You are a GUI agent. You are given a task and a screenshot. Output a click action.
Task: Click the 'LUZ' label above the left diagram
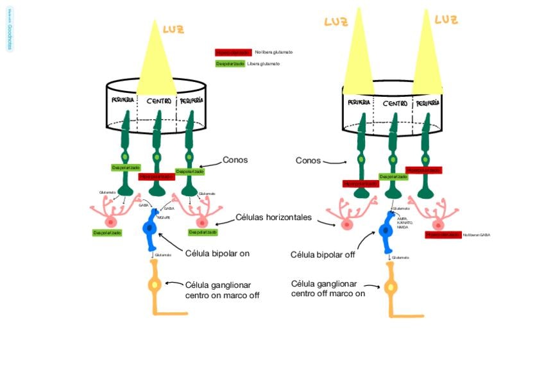(174, 29)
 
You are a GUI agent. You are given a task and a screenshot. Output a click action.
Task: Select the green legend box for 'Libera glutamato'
(230, 64)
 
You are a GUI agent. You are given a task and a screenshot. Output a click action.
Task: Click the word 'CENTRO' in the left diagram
(158, 101)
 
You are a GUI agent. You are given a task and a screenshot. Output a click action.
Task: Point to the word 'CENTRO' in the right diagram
(395, 103)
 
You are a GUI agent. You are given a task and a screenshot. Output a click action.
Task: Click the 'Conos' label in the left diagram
(235, 160)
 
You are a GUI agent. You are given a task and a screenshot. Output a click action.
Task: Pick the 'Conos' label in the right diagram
(308, 160)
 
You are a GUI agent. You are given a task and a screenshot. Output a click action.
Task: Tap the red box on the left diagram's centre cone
(157, 176)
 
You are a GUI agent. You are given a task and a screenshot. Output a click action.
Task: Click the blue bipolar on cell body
(151, 228)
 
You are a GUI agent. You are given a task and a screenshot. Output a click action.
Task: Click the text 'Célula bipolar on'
(217, 253)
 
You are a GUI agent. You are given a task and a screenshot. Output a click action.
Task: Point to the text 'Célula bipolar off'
(322, 255)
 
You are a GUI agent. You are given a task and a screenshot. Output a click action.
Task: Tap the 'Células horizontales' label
(273, 217)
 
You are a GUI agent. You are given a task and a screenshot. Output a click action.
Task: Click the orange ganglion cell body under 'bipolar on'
(154, 285)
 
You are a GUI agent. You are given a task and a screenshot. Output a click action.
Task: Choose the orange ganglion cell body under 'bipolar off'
(390, 287)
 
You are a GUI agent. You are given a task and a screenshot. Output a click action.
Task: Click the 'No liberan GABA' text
(476, 235)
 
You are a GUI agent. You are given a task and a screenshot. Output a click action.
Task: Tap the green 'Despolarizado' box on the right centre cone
(393, 176)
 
